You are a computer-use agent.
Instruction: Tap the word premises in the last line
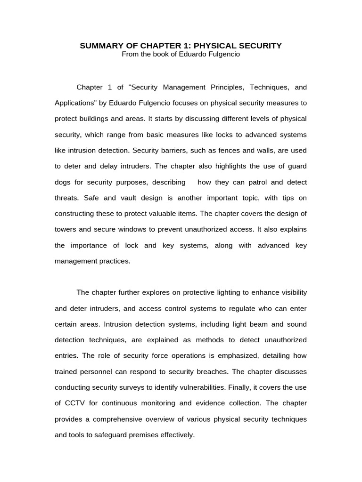click(125, 435)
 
